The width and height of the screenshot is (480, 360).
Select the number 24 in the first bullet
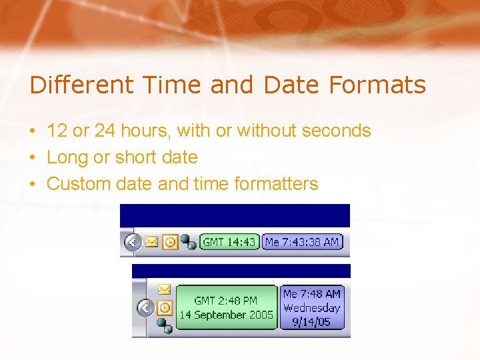pos(105,131)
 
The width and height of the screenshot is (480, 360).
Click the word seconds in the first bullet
pos(336,131)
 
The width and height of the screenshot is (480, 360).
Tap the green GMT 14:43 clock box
pos(229,242)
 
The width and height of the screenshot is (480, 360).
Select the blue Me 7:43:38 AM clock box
pos(301,242)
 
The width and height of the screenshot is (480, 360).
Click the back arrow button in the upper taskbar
pos(132,242)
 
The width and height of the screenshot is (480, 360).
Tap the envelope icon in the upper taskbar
pos(152,242)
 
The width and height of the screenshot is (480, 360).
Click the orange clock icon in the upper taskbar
pos(169,242)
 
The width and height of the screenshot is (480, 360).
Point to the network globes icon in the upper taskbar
pos(188,243)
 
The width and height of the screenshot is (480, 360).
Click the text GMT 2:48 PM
pos(227,301)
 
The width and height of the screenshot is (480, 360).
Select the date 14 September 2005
pos(227,315)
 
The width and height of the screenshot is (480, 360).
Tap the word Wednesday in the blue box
pos(311,308)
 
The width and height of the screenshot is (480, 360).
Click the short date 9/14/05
pos(311,322)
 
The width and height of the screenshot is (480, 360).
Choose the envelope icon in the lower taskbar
pos(164,289)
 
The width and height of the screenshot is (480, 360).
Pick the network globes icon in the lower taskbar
pos(165,325)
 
